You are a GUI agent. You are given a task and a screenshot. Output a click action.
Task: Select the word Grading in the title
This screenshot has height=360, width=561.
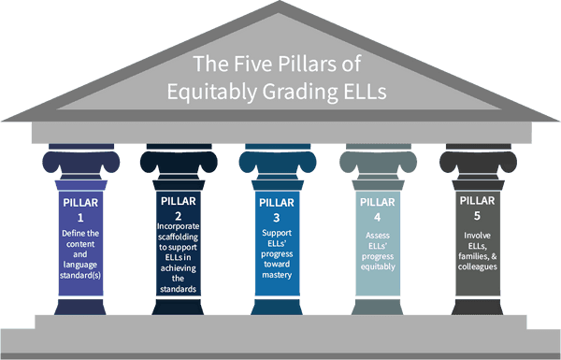(x=300, y=92)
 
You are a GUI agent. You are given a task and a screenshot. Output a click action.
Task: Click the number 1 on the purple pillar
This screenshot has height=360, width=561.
(x=80, y=218)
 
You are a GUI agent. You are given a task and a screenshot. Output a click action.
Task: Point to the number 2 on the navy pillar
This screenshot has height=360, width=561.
(x=179, y=216)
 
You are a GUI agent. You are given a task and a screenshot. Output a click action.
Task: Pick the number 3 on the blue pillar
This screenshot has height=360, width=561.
(x=277, y=218)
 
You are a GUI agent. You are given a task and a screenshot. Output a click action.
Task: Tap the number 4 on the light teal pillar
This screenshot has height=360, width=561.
(x=378, y=217)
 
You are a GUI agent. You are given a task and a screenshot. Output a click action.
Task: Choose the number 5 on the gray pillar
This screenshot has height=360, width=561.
(x=477, y=216)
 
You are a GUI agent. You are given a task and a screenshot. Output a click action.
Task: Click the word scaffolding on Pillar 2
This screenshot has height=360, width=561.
(x=178, y=237)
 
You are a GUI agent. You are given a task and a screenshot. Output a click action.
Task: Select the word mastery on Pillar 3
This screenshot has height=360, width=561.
(x=277, y=275)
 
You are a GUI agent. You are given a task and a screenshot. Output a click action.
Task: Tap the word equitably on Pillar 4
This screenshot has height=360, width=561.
(x=378, y=266)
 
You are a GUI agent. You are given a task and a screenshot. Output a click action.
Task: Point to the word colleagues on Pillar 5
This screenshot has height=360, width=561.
(x=478, y=266)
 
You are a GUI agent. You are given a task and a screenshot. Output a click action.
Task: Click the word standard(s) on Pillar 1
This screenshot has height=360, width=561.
(x=80, y=276)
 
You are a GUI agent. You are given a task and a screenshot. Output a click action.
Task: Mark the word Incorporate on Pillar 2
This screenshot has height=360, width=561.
(x=179, y=226)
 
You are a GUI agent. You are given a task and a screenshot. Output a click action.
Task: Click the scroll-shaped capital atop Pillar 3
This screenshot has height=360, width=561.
(x=278, y=162)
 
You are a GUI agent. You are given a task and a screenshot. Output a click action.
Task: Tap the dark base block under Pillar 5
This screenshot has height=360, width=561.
(x=477, y=307)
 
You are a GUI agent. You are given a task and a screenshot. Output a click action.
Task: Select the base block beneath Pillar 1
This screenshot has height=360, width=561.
(x=80, y=307)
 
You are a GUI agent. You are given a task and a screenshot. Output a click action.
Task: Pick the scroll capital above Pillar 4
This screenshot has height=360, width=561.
(x=378, y=162)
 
